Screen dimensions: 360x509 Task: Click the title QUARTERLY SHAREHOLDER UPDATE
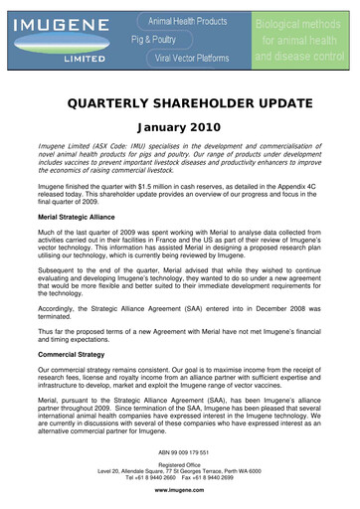(x=180, y=99)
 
